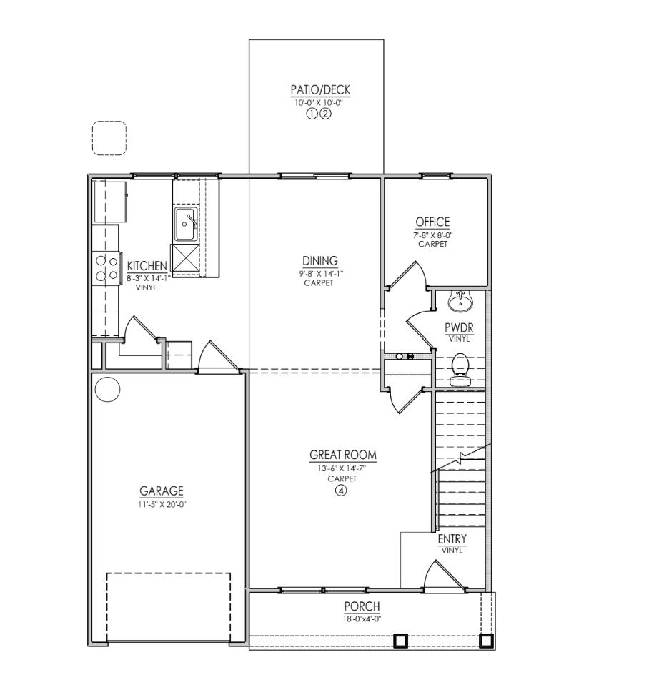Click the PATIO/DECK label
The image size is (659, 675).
point(320,90)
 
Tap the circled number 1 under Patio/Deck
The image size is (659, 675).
point(313,113)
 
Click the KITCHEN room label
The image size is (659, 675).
point(147,265)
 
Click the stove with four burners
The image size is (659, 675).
point(106,268)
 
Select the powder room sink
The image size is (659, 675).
point(461,302)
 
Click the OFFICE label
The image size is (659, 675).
point(432,222)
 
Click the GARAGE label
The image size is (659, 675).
point(161,491)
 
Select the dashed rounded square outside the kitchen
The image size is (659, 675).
point(109,137)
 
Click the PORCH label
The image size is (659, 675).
point(362,607)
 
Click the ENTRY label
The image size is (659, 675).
point(452,539)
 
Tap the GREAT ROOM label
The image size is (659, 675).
point(342,455)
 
